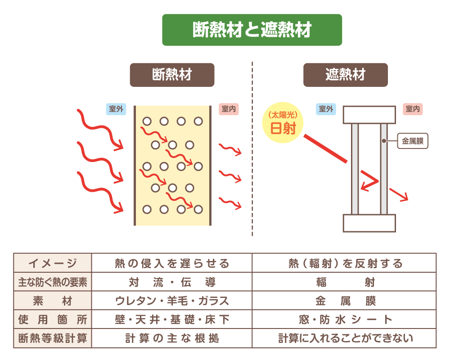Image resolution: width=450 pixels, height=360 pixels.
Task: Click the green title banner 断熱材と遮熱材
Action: point(252,30)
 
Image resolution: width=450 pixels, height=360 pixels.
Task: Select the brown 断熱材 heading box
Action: point(172,75)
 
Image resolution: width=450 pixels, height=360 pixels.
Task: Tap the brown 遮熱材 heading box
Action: point(345,75)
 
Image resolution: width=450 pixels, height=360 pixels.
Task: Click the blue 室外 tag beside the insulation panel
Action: point(116,109)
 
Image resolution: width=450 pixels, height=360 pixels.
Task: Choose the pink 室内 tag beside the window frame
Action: point(413,109)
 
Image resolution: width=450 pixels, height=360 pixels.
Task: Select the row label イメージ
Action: point(53,263)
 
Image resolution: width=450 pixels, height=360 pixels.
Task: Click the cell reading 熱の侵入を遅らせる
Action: point(172,263)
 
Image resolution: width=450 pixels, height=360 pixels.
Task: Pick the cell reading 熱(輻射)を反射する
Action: point(345,263)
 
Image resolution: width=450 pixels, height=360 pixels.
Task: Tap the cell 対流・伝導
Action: point(172,282)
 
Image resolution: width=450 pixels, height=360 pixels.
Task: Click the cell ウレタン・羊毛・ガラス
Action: point(172,301)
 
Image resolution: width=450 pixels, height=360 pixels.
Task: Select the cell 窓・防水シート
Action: point(345,320)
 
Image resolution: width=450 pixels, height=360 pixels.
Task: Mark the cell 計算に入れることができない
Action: point(345,338)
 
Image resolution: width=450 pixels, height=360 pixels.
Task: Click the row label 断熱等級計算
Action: point(53,338)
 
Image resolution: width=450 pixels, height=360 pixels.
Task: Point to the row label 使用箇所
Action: point(53,320)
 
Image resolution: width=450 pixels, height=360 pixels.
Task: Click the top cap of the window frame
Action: point(369,115)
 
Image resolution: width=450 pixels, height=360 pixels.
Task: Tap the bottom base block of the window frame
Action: point(369,223)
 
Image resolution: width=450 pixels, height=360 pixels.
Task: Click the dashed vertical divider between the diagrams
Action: point(252,148)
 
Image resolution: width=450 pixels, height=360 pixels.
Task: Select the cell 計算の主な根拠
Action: point(172,338)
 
